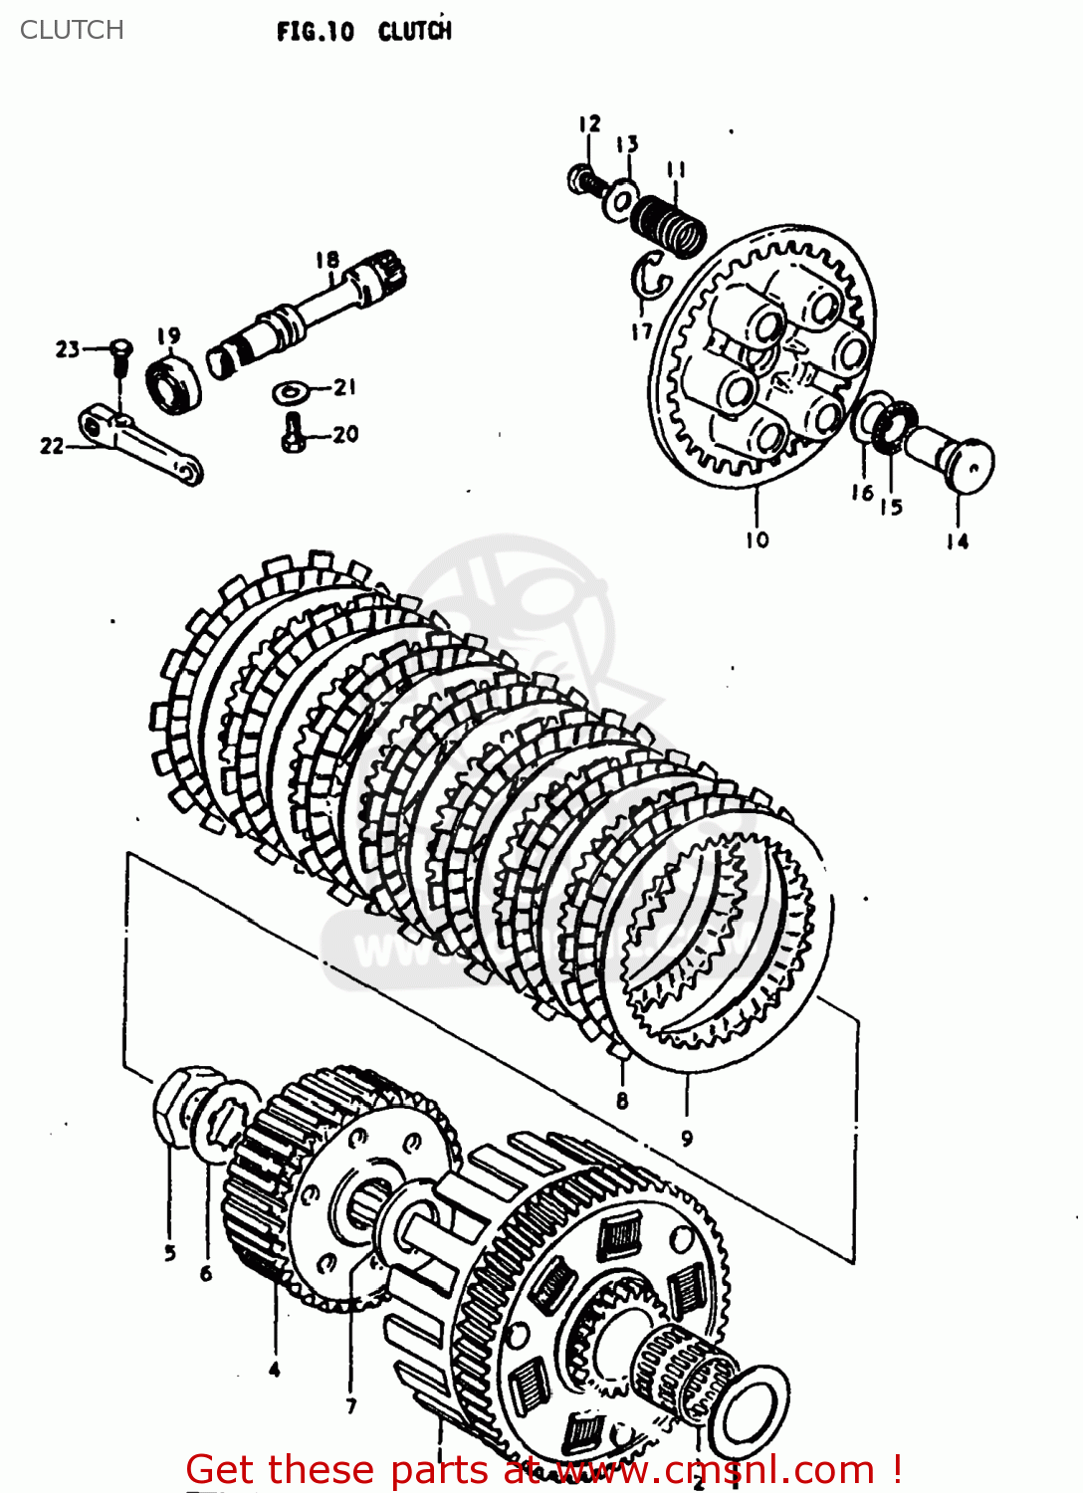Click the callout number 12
click(x=589, y=123)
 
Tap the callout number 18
click(x=327, y=260)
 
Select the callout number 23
click(x=67, y=349)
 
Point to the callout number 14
click(x=957, y=541)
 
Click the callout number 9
click(x=686, y=1138)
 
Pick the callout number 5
click(x=170, y=1253)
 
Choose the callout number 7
click(x=350, y=1405)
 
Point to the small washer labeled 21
click(x=290, y=392)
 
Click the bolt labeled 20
click(x=293, y=433)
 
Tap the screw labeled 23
click(x=120, y=354)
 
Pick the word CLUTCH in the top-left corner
click(x=72, y=30)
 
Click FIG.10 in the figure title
click(x=315, y=32)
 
